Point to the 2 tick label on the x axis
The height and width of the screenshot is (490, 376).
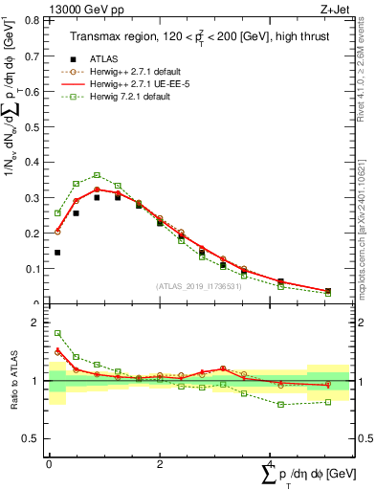click(x=160, y=463)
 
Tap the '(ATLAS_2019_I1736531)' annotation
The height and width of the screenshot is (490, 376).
click(x=200, y=286)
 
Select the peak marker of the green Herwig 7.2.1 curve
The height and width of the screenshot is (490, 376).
click(x=98, y=175)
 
